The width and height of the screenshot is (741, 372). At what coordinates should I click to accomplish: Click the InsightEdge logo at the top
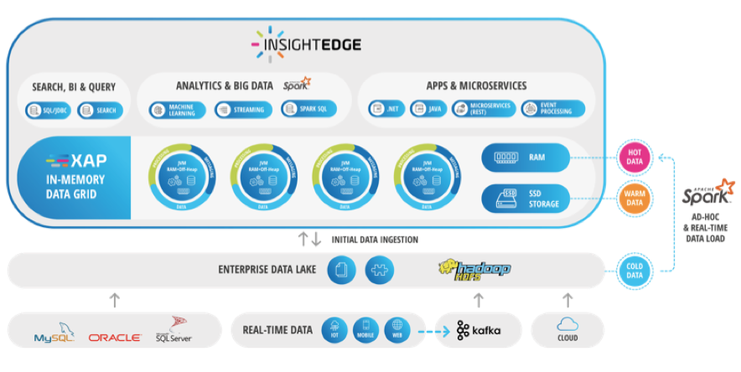306,42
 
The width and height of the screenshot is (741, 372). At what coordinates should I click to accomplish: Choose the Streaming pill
242,109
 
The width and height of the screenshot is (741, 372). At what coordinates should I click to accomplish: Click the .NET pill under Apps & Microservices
387,109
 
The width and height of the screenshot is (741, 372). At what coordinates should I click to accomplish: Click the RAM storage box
525,157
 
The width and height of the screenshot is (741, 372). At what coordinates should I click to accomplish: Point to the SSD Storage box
525,198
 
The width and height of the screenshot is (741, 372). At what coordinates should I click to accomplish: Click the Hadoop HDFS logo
474,270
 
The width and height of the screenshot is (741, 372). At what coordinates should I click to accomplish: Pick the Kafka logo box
479,330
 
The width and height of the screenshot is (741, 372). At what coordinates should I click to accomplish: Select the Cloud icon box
567,329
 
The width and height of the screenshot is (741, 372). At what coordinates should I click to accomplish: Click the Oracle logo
114,337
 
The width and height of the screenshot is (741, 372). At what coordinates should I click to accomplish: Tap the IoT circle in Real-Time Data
334,330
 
